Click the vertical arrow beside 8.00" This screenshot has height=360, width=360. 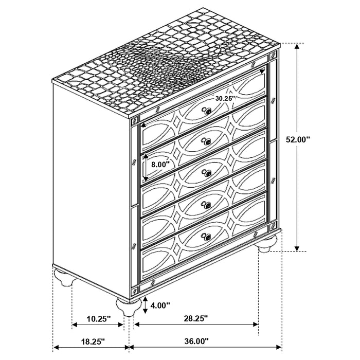tap(145, 167)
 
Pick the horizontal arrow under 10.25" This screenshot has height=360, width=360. tap(98, 325)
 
